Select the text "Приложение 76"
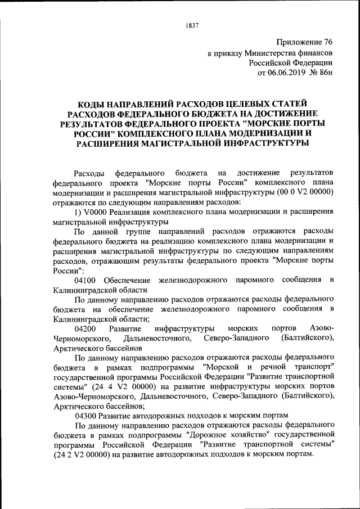click(x=305, y=42)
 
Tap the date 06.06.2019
click(x=294, y=73)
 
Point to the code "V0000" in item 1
click(x=96, y=212)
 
